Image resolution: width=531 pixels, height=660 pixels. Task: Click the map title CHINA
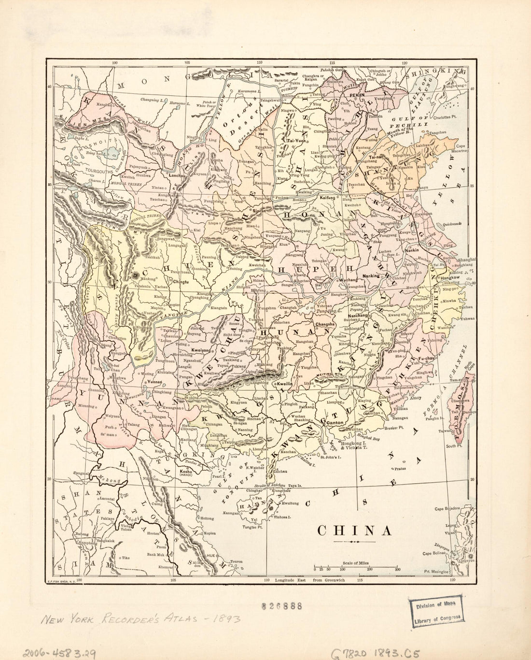coord(354,531)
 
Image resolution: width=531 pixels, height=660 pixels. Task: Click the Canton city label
coord(334,423)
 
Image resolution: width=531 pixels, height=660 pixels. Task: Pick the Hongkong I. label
coord(355,443)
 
